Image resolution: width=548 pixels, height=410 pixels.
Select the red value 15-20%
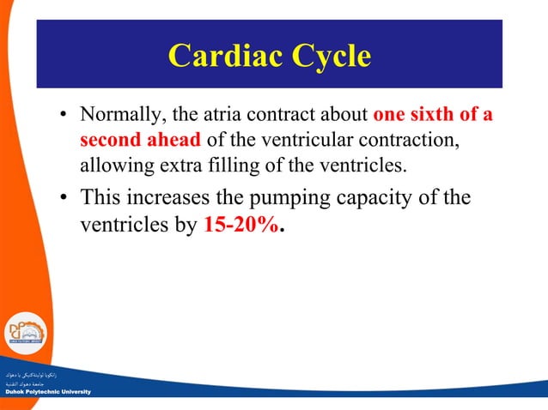242,229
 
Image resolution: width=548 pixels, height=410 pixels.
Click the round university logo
27,335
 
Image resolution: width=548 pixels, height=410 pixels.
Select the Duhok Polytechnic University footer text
45,391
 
